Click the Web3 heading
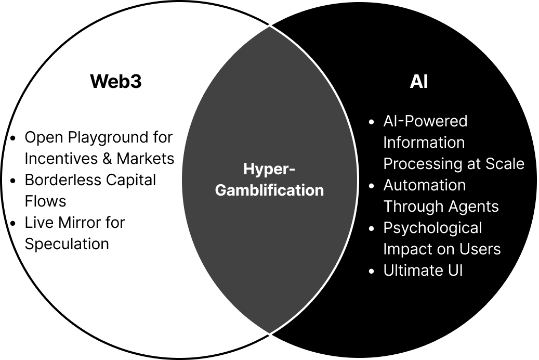coord(115,82)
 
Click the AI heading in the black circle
coord(419,82)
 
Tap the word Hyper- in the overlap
coord(269,169)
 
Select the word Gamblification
coord(269,190)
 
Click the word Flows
coord(45,201)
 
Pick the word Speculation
coord(67,243)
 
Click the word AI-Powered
coord(425,121)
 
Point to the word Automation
coord(424,185)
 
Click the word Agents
coord(472,207)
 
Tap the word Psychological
coord(432,228)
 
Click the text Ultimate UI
coord(423,271)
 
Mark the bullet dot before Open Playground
coord(14,138)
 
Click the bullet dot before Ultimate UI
coord(371,271)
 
